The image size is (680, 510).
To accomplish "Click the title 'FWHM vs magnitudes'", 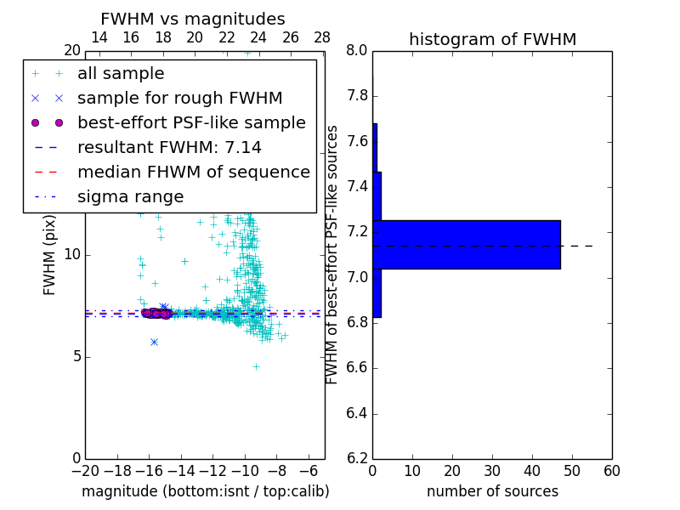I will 192,19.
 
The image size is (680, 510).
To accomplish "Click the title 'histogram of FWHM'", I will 492,39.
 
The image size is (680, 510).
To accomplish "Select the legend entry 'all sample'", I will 121,74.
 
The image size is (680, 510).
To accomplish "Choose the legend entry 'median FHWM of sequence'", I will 193,173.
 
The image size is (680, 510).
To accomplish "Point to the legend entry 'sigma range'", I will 130,197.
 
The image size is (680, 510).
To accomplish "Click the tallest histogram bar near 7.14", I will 466,244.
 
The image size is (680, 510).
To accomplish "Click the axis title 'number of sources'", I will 492,491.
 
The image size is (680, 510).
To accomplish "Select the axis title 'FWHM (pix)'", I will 50,255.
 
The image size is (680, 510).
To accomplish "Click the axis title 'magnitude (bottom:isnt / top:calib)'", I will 205,491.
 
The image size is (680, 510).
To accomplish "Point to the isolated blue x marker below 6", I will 154,342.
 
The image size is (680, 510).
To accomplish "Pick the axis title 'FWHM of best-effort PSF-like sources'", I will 332,255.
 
